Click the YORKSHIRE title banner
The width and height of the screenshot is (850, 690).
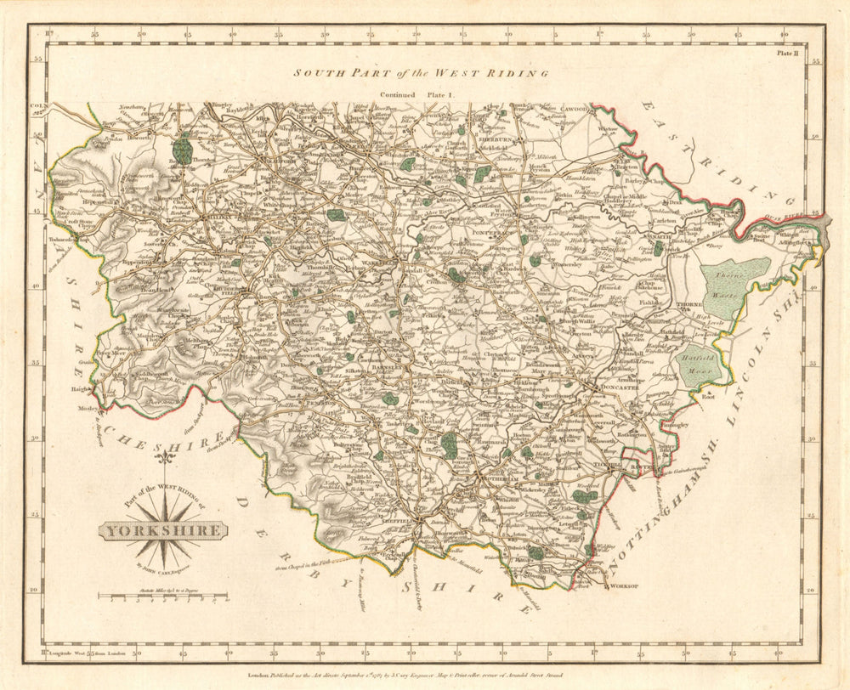[164, 531]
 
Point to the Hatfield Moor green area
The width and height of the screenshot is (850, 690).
[699, 365]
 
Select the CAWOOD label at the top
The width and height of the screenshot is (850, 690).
[551, 110]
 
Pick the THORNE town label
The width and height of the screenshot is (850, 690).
[686, 304]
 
